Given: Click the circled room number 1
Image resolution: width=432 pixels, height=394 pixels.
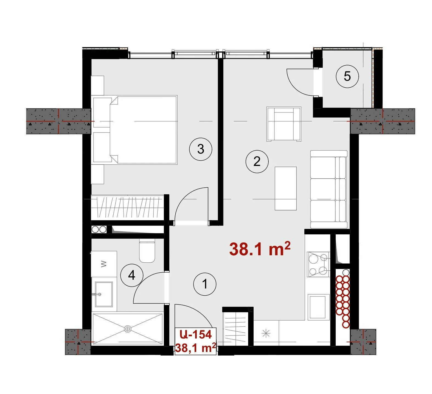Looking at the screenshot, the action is click(x=205, y=284).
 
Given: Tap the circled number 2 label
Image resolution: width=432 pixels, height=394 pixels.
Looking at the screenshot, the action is click(x=257, y=162).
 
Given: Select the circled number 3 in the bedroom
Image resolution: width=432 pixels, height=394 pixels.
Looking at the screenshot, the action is click(x=201, y=149).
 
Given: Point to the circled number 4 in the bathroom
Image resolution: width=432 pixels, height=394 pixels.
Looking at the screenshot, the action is click(x=132, y=275).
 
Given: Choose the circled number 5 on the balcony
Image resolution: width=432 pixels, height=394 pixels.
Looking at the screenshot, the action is click(x=347, y=76).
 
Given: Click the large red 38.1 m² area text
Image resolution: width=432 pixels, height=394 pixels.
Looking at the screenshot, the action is click(x=260, y=249).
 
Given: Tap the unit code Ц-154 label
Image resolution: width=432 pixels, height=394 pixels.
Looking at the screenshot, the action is click(x=196, y=334).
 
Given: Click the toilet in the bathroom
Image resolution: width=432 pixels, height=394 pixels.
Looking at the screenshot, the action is click(x=147, y=250).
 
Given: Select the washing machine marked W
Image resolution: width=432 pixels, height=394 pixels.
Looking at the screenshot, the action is click(x=104, y=264).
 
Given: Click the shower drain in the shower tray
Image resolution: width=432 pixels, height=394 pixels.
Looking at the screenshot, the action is click(x=128, y=329).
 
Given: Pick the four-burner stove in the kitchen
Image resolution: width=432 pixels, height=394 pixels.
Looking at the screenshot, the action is click(x=318, y=264).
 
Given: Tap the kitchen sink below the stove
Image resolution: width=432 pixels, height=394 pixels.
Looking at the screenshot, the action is click(x=318, y=307).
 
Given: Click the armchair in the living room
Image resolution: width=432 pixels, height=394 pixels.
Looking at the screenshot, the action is click(x=284, y=124).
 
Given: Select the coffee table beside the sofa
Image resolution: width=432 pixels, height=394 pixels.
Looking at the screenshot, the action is click(x=286, y=188).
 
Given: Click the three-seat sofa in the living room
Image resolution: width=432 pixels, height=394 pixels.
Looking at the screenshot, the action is click(x=329, y=189).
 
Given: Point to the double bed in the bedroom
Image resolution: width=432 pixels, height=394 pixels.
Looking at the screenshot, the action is click(x=135, y=130).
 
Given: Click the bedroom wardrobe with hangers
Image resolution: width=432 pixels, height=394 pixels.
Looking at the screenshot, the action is click(x=128, y=207).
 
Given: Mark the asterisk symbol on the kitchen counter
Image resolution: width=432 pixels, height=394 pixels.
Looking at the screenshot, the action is click(x=266, y=334).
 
